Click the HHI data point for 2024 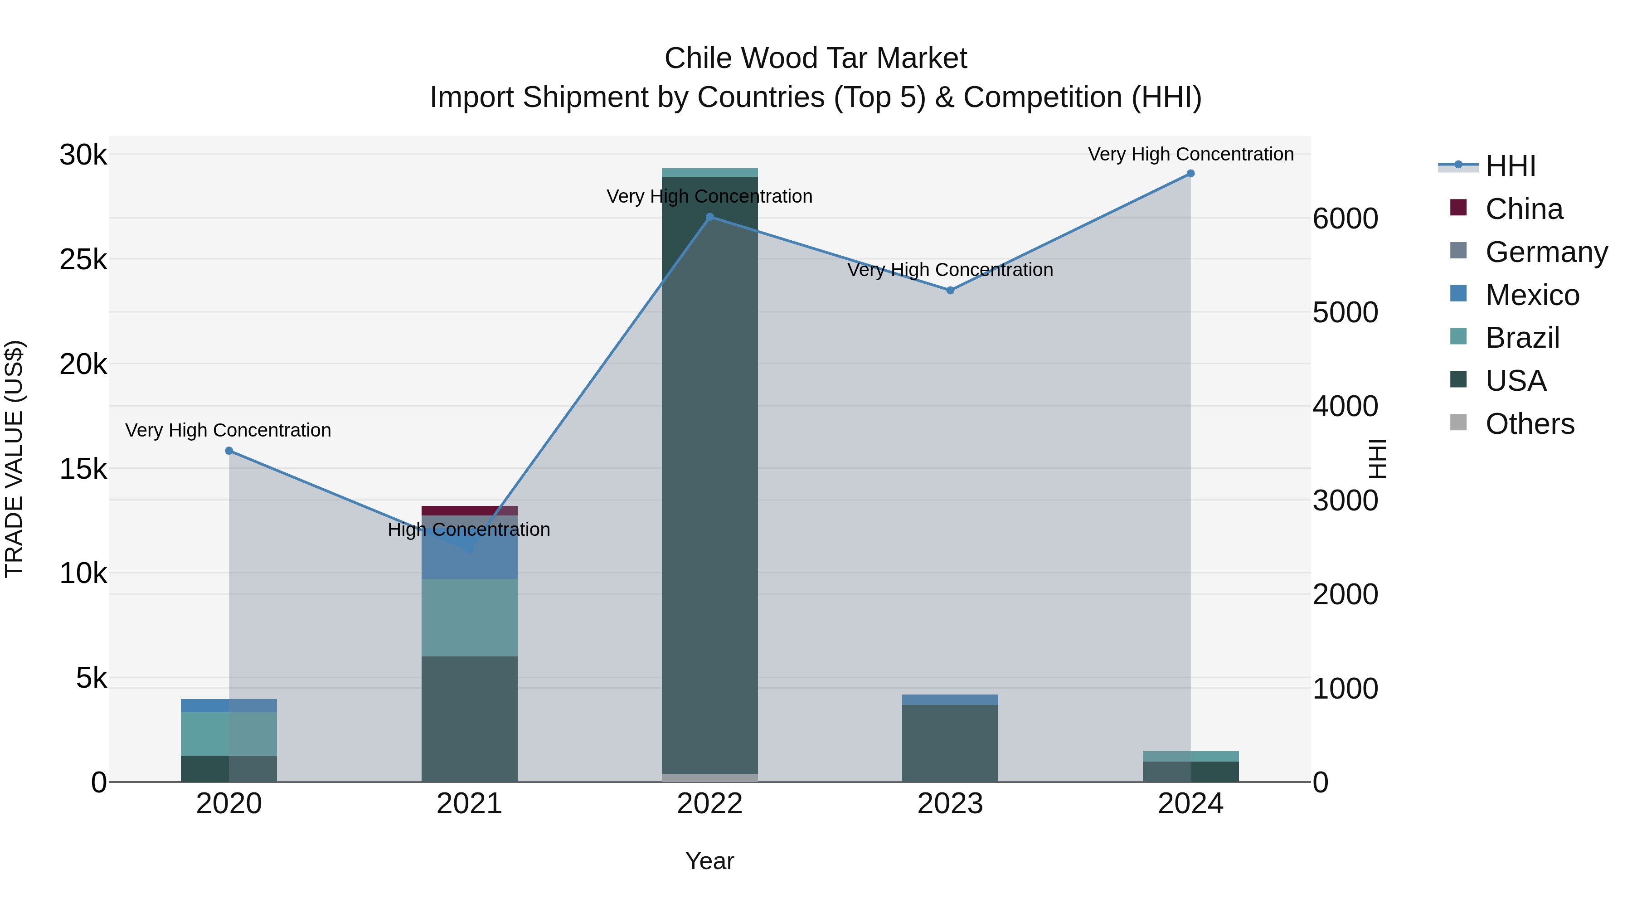click(x=1190, y=174)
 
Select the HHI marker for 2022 click(x=709, y=217)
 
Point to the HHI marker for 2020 click(x=229, y=451)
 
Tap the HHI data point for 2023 click(x=950, y=290)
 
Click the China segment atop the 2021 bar click(x=470, y=510)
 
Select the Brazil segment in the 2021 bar click(x=470, y=618)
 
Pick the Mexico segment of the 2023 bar click(x=950, y=699)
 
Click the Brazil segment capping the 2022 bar click(x=709, y=172)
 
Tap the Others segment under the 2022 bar click(x=709, y=778)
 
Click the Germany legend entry click(x=1546, y=252)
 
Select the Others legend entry click(x=1530, y=424)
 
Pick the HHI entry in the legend click(x=1511, y=166)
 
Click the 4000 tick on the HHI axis click(x=1345, y=407)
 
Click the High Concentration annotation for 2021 click(x=469, y=529)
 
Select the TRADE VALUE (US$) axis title click(x=14, y=459)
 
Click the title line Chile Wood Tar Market click(x=816, y=58)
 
